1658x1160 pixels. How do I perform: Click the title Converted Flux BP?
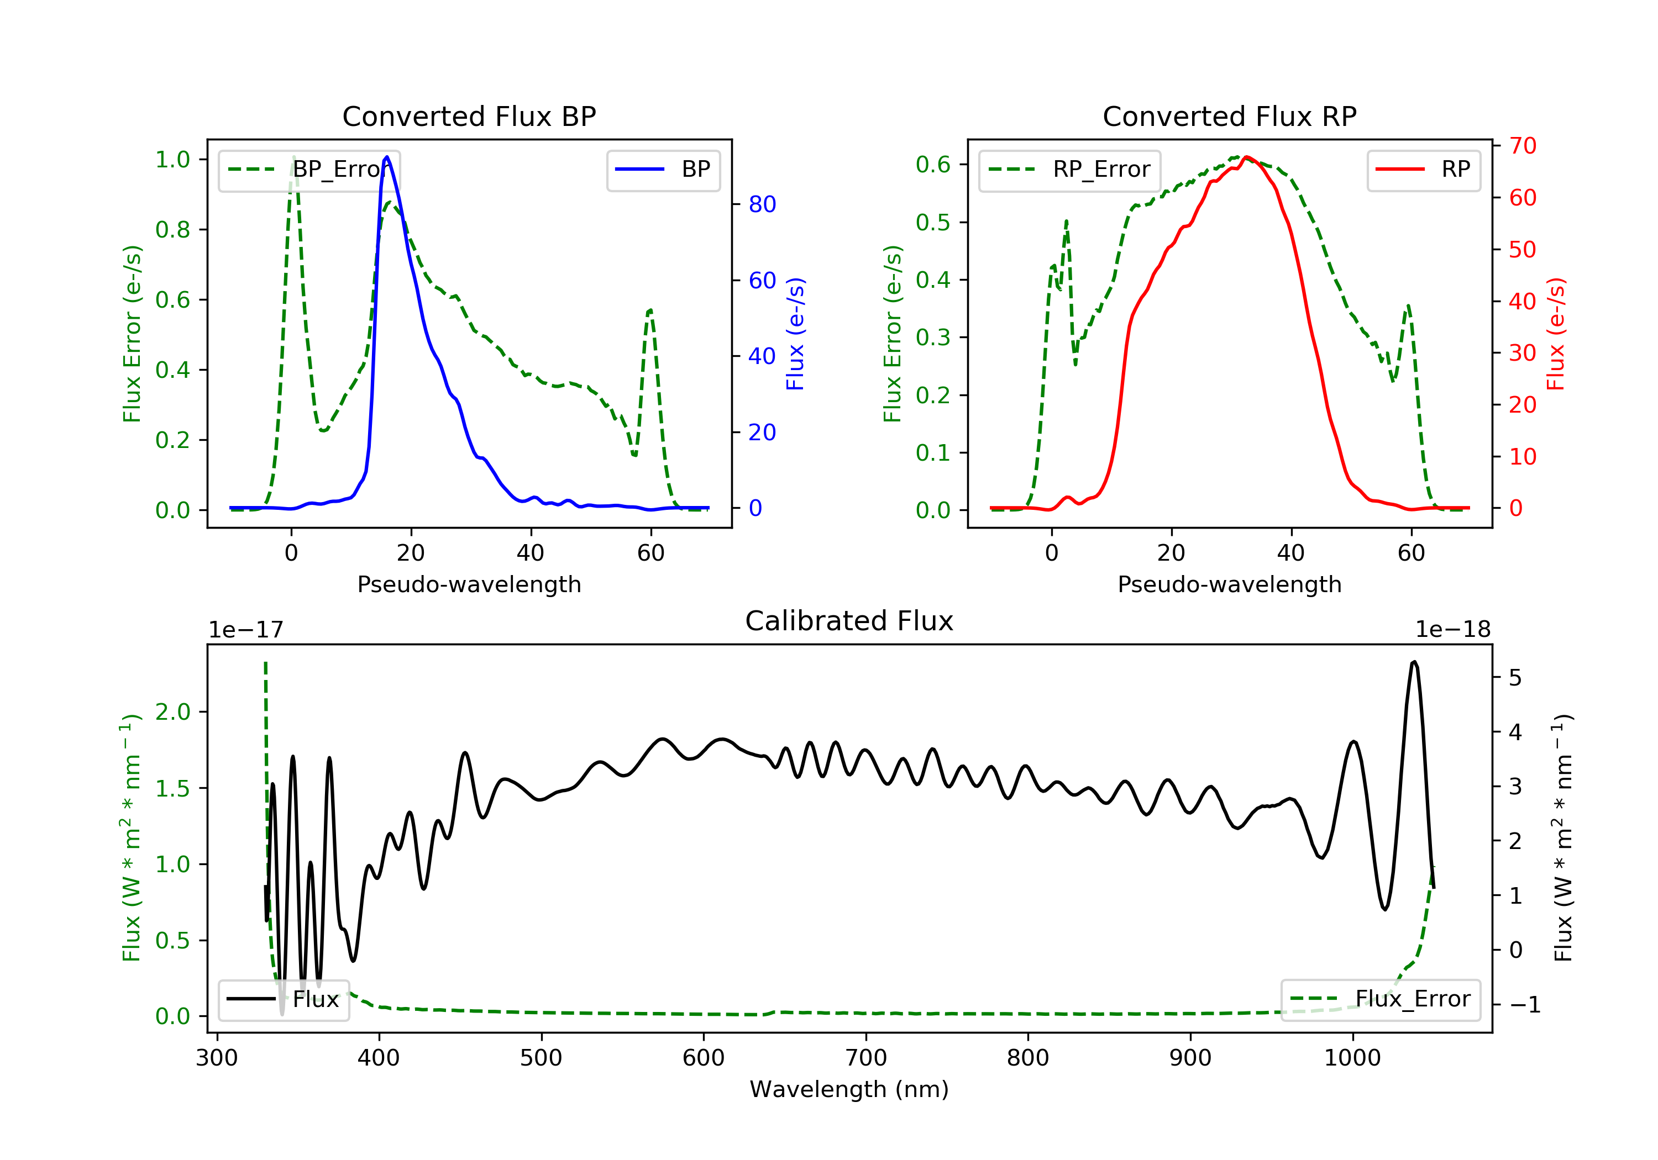469,116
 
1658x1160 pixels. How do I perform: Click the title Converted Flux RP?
1229,116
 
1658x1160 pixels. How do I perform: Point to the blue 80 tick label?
762,204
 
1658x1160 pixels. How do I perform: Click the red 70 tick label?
1522,146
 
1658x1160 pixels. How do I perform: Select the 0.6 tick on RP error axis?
933,165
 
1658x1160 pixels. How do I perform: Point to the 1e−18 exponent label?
1452,630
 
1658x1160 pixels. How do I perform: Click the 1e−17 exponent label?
246,630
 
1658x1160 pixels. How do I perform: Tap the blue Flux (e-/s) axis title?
795,334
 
